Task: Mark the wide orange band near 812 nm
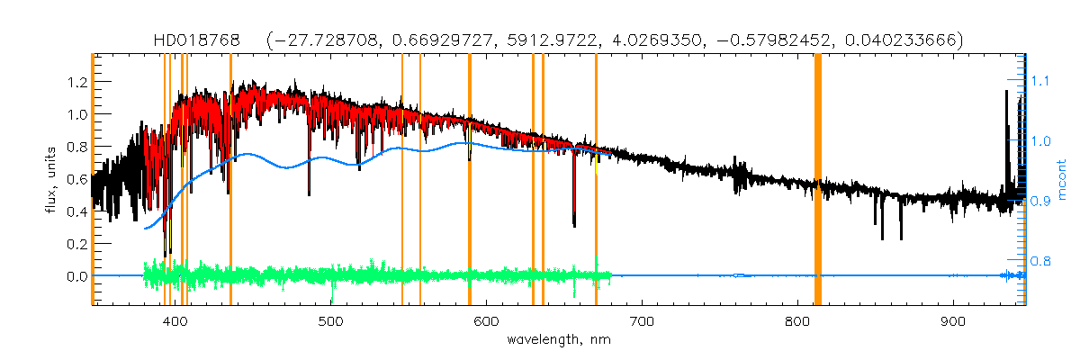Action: (818, 180)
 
